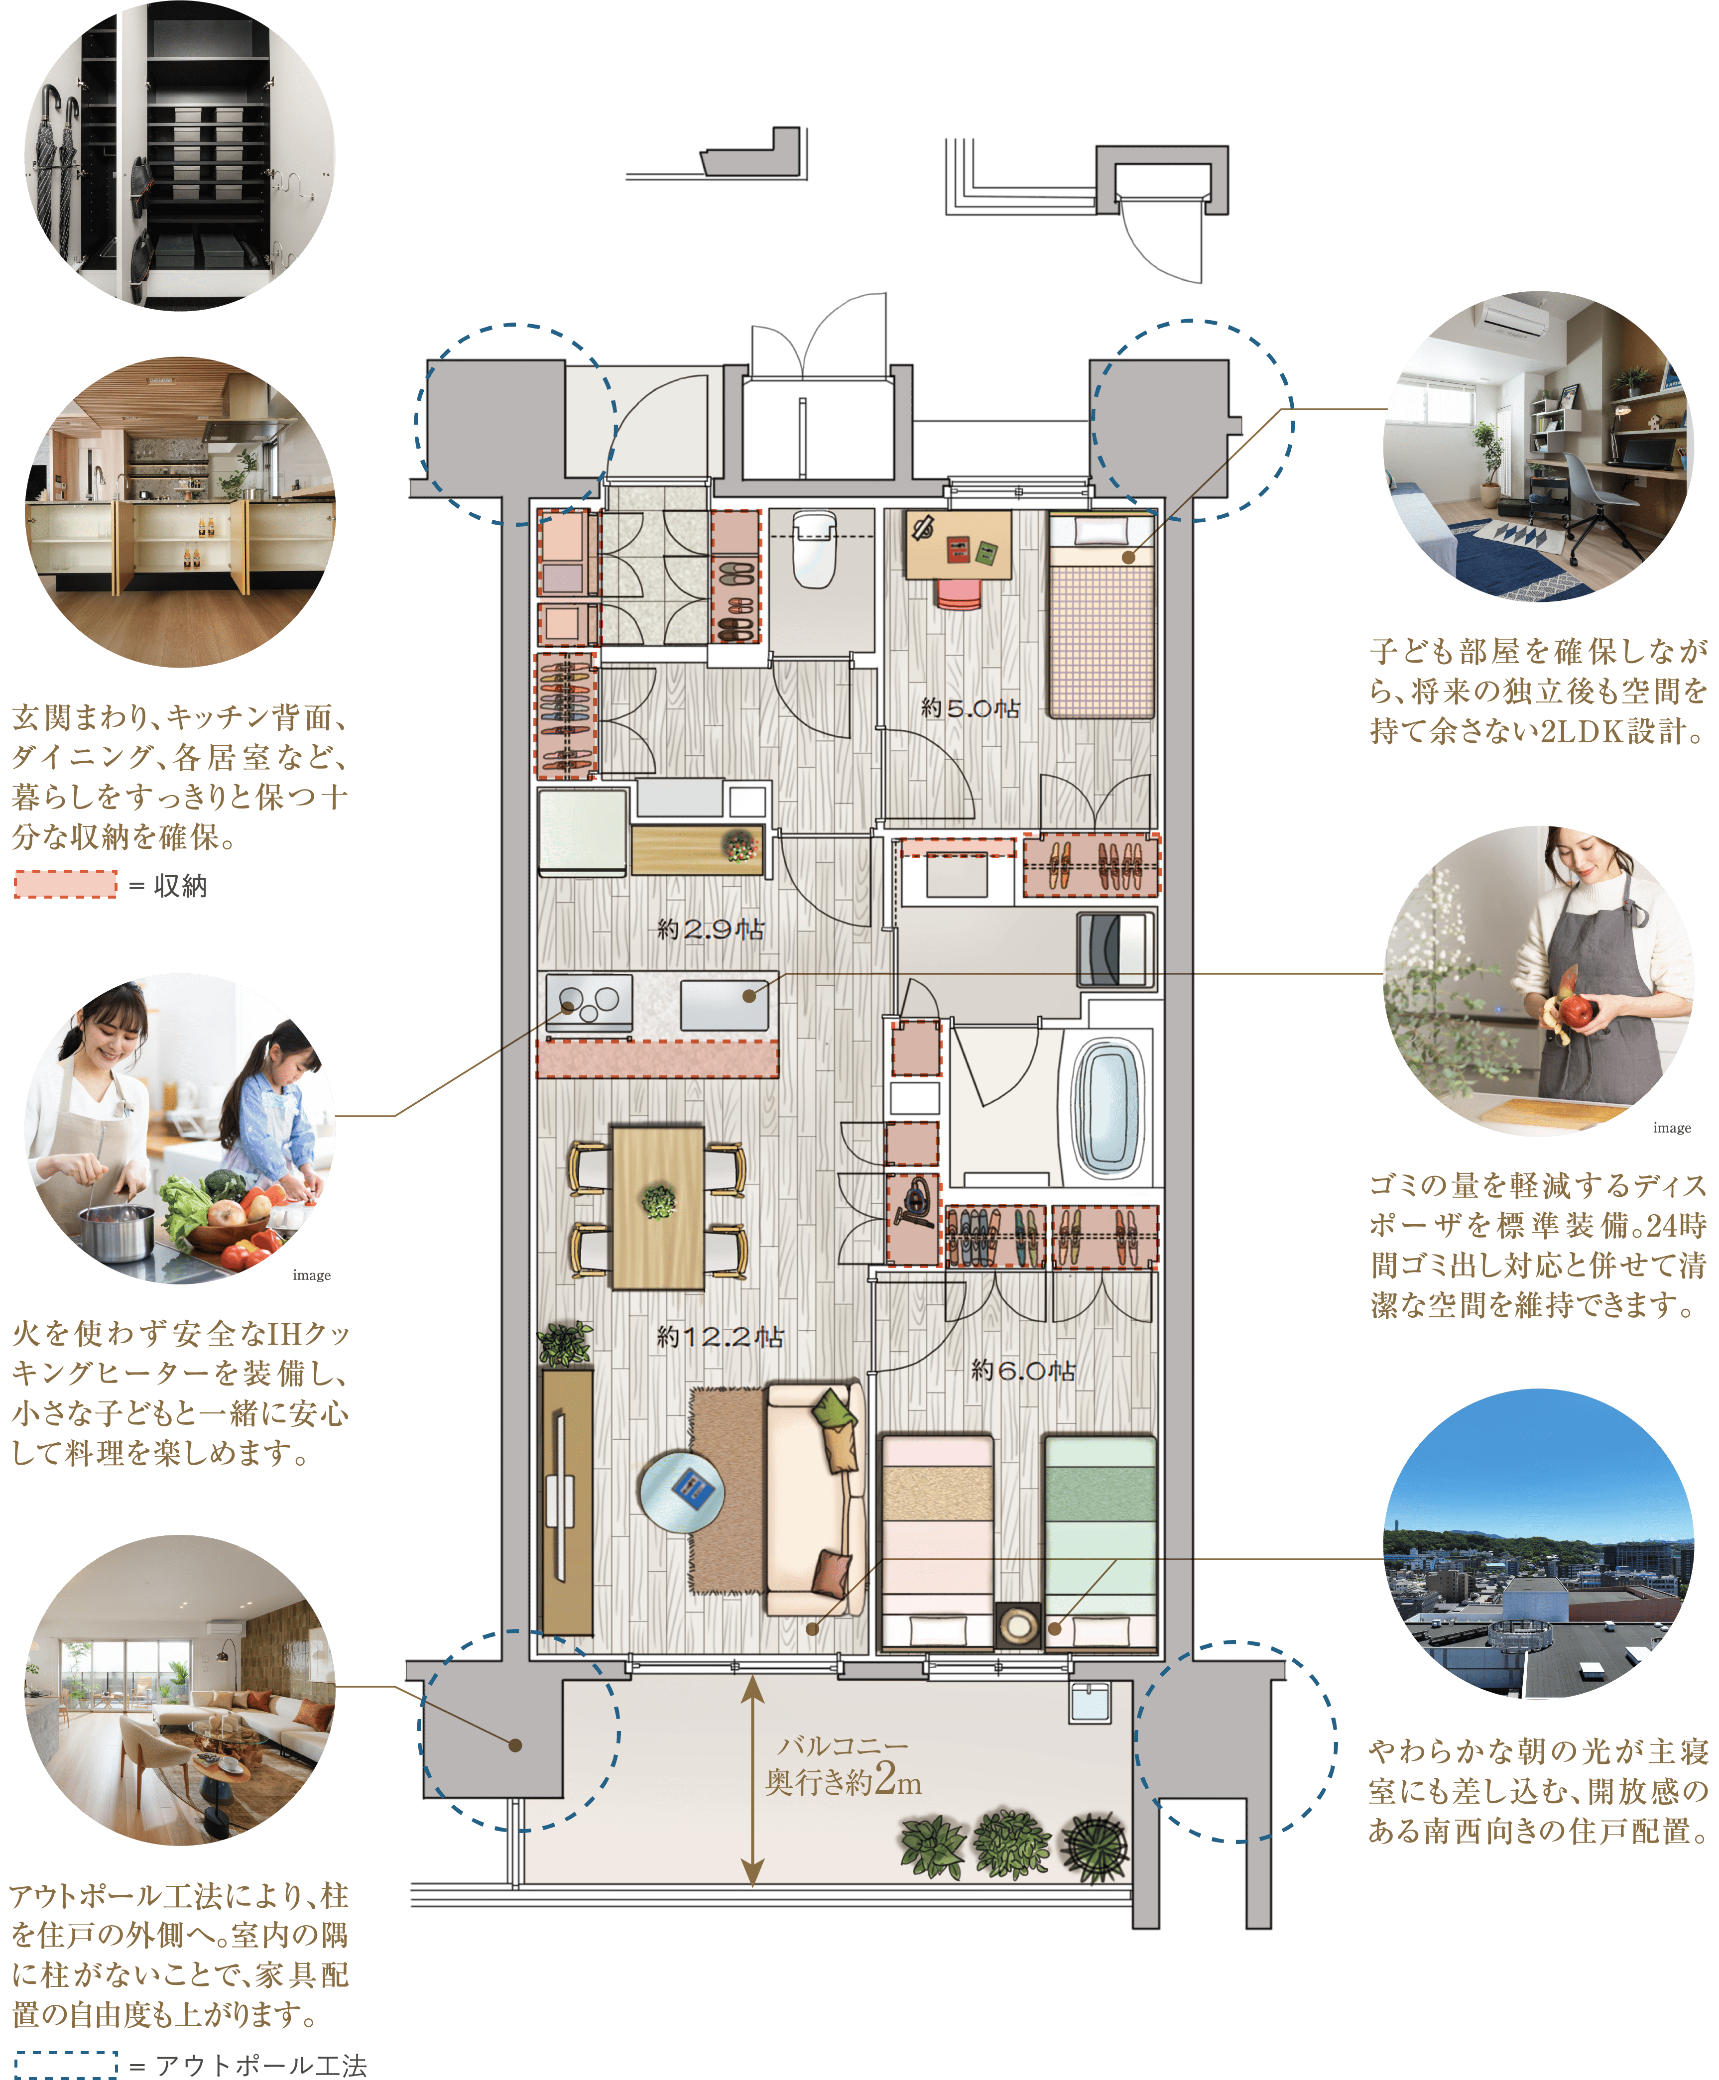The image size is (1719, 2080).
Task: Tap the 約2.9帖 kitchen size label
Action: tap(711, 928)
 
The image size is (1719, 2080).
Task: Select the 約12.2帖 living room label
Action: tap(720, 1337)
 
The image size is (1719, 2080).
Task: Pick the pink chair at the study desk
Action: tap(959, 594)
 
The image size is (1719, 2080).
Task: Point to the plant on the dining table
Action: tap(658, 1201)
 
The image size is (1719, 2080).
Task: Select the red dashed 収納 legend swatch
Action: tap(65, 884)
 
